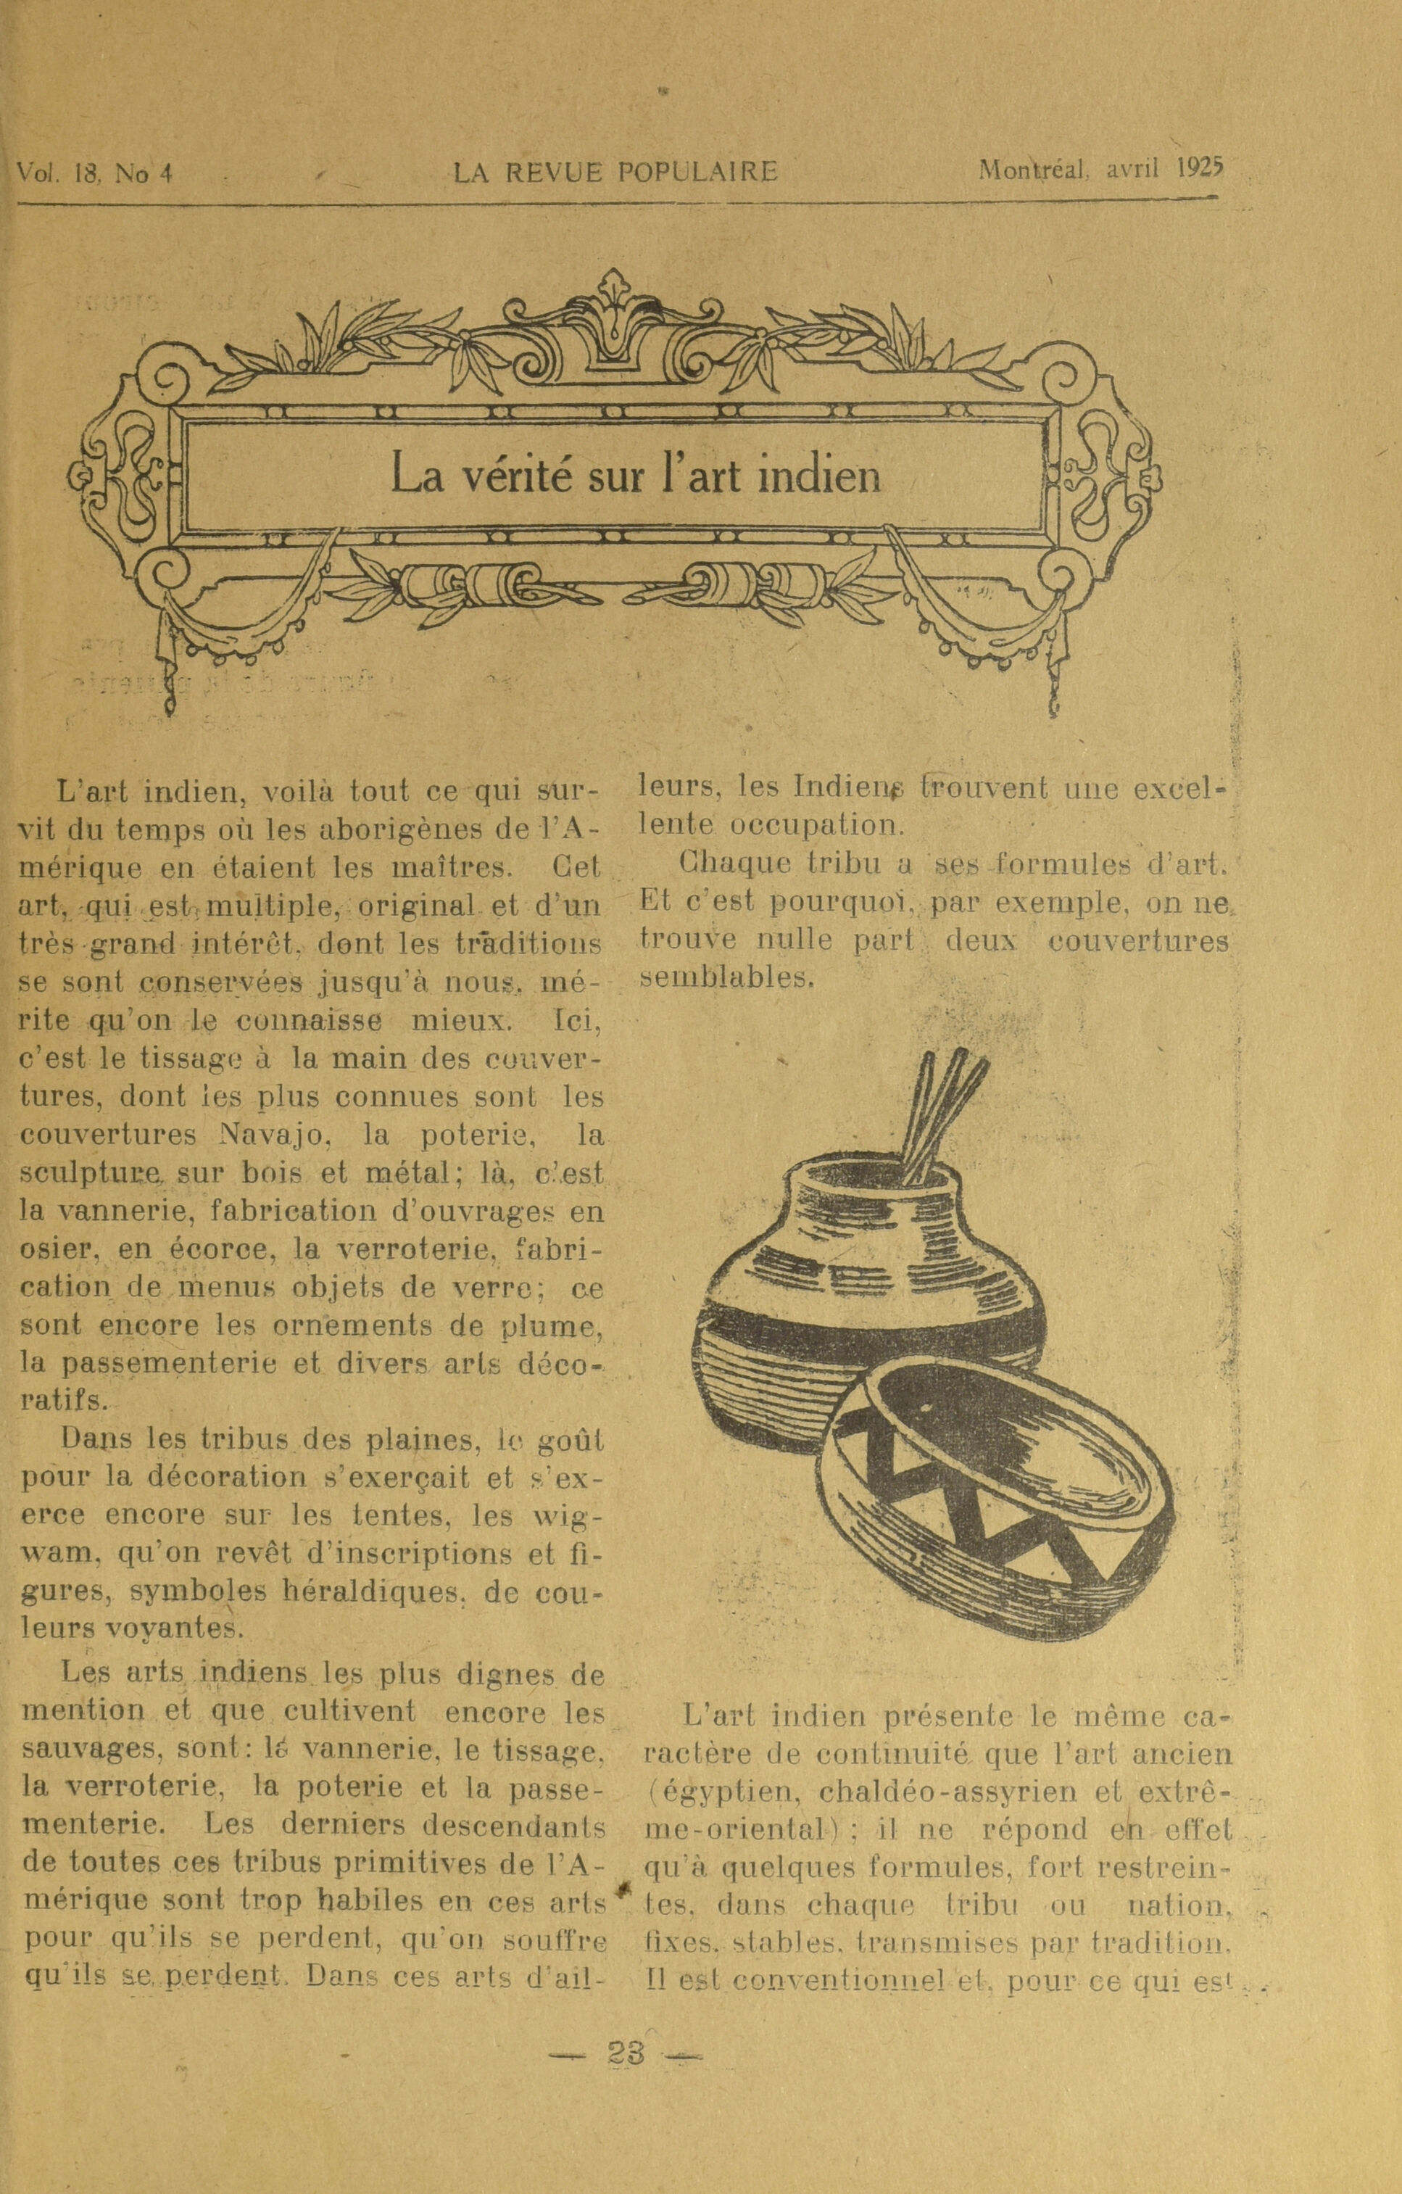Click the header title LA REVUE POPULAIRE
[x=616, y=171]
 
